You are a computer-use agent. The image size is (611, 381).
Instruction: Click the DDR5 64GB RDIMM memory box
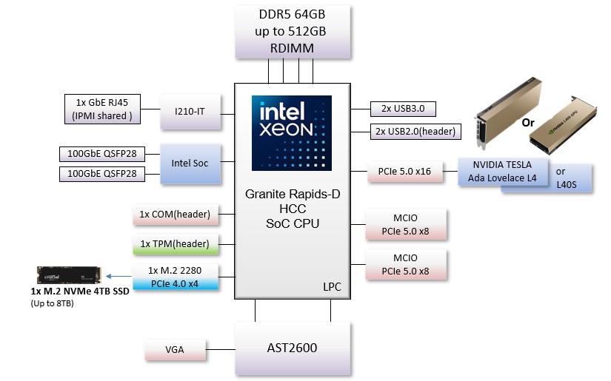click(292, 32)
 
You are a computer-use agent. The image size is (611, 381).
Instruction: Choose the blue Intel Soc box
click(191, 163)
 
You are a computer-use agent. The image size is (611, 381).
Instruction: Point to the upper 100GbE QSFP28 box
click(101, 154)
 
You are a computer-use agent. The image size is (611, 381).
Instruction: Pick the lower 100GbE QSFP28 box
click(101, 174)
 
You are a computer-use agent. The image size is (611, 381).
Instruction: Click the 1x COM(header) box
click(175, 215)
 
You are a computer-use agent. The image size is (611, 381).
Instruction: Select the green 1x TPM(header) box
click(175, 243)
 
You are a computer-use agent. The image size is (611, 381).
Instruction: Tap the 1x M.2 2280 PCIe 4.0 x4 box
click(175, 277)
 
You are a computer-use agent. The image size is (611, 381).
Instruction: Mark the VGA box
click(175, 349)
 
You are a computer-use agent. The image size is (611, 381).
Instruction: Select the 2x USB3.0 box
click(402, 109)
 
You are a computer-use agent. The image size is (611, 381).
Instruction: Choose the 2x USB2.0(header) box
click(415, 132)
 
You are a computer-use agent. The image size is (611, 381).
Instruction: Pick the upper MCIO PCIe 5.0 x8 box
click(406, 224)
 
